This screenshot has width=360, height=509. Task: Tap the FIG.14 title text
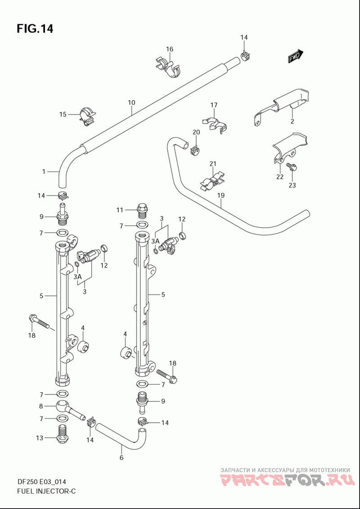[35, 29]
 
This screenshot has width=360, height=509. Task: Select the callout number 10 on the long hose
[131, 103]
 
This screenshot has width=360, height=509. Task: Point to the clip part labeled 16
[168, 67]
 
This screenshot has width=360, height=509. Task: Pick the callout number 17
[214, 105]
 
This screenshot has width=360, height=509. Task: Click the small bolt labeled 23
[290, 167]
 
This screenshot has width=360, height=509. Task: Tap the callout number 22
[280, 177]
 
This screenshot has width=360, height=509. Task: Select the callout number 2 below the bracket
[292, 121]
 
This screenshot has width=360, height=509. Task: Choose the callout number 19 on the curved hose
[221, 196]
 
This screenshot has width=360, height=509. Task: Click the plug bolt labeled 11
[142, 211]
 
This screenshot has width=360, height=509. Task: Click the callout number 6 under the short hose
[121, 458]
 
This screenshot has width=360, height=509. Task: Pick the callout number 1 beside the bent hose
[44, 172]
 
